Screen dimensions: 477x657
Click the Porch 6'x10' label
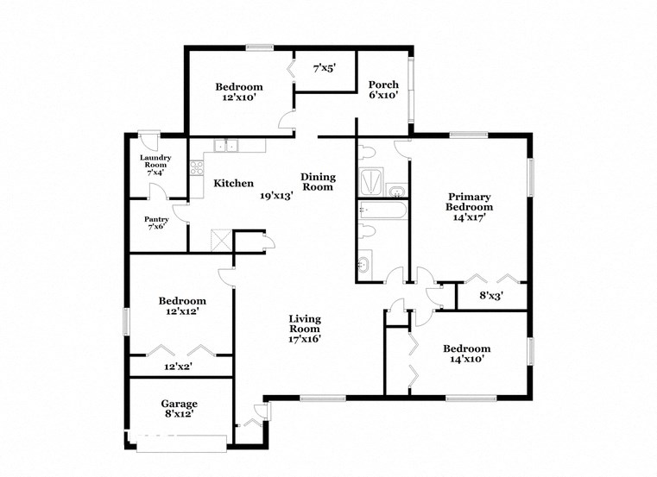(x=383, y=90)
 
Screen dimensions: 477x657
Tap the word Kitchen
(x=233, y=183)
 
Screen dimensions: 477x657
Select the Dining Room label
(x=318, y=182)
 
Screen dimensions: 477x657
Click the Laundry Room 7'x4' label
(x=155, y=165)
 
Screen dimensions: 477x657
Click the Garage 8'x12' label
(x=180, y=408)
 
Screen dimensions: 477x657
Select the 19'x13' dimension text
(x=277, y=195)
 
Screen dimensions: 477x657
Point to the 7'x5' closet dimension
(x=325, y=66)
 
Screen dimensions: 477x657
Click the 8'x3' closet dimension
(x=491, y=296)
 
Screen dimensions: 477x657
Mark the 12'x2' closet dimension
(x=179, y=367)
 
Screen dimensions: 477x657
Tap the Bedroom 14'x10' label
(x=466, y=354)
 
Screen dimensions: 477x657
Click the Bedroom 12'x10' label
(x=239, y=92)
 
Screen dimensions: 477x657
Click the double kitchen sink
(x=227, y=146)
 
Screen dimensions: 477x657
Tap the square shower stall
(x=370, y=180)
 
